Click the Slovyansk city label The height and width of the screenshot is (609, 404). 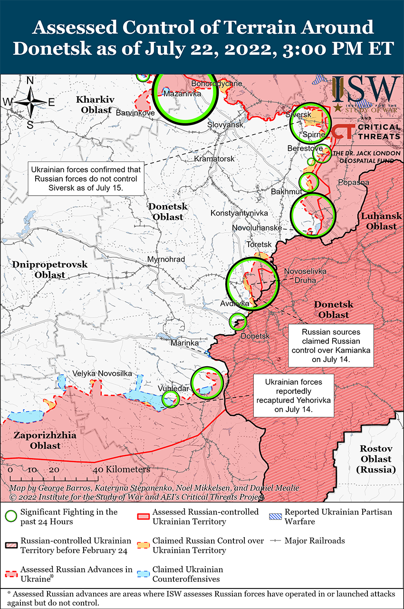pos(225,124)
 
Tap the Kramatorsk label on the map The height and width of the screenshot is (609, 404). pos(214,158)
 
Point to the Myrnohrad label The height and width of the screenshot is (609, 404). pos(166,259)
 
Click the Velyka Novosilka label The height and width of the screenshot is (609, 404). pos(102,373)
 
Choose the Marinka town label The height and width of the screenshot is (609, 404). pos(184,343)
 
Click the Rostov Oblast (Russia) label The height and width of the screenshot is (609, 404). pos(375,459)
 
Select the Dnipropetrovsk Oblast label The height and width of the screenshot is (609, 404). pos(45,269)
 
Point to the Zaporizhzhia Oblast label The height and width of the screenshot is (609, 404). pos(37,441)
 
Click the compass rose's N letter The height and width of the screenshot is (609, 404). pos(30,80)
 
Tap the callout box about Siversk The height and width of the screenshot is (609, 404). pos(86,178)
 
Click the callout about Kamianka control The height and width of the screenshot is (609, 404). pos(331,346)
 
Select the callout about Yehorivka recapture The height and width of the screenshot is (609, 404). pos(293,395)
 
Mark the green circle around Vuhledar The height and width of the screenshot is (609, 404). pos(171,399)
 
